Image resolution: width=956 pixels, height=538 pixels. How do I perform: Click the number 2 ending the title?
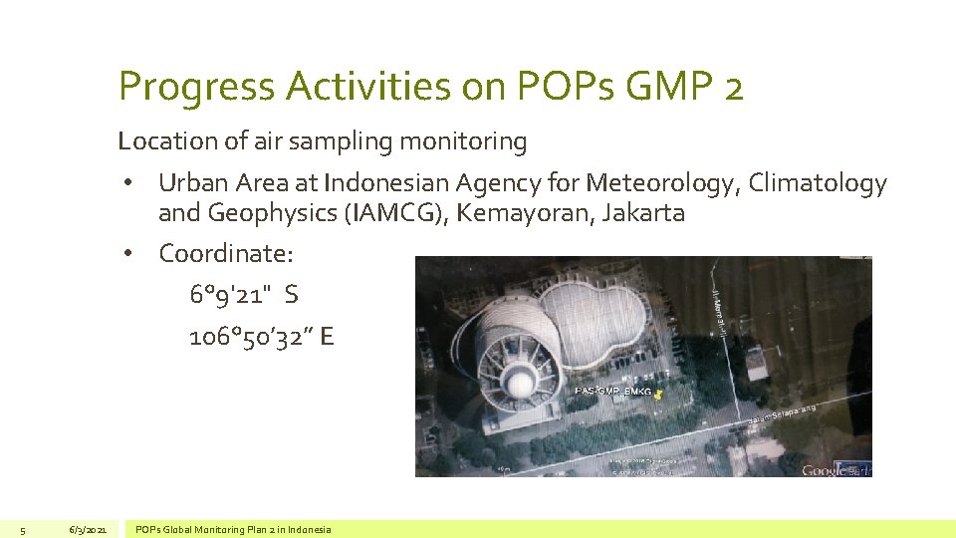734,88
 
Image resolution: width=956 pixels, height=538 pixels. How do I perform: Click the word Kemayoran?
528,212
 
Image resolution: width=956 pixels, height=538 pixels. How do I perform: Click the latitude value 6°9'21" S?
243,296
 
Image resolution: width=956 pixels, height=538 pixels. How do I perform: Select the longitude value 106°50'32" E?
261,338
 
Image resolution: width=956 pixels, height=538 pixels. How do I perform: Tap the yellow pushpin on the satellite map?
659,396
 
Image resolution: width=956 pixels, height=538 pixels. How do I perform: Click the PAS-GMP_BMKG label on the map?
612,393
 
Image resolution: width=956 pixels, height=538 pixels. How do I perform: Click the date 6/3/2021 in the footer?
88,529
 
